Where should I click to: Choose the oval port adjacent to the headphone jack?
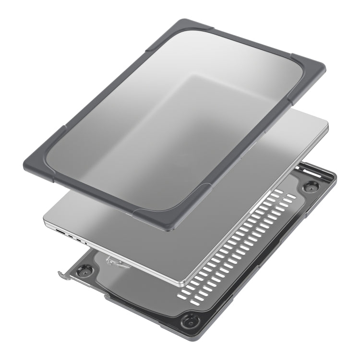(79, 240)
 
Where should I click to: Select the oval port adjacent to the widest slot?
(71, 236)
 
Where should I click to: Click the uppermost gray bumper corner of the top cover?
(184, 26)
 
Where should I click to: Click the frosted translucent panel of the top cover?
(178, 120)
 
